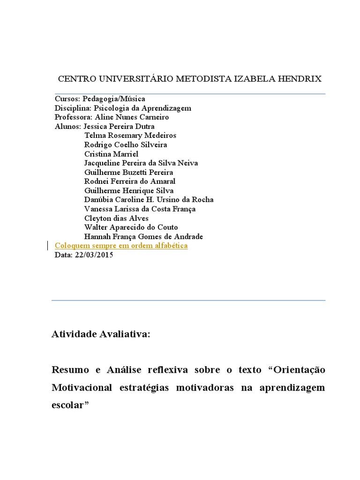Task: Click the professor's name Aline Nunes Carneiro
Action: point(132,117)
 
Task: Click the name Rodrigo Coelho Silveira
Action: point(126,145)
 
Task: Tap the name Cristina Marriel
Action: point(112,154)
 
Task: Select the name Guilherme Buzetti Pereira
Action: point(129,172)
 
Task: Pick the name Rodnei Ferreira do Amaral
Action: point(130,181)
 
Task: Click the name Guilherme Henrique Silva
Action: point(129,190)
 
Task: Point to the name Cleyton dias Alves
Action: point(117,218)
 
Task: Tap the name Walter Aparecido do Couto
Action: point(131,227)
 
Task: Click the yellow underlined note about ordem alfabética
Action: point(121,246)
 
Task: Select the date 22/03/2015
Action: point(94,255)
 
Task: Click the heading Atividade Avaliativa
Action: point(101,334)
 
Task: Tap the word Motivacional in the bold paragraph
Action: point(82,388)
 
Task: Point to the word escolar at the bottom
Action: point(68,405)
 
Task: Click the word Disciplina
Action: point(72,108)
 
